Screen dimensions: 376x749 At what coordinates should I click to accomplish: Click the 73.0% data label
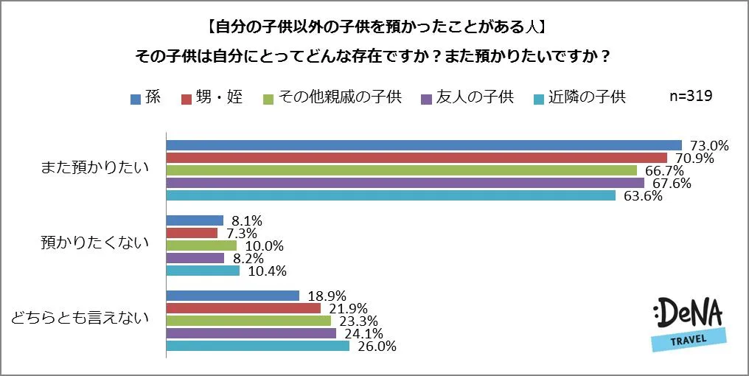pos(708,145)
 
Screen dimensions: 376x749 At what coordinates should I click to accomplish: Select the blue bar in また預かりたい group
pos(424,145)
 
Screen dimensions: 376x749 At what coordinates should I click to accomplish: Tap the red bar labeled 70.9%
pos(417,158)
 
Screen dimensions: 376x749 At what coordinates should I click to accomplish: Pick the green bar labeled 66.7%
pos(402,170)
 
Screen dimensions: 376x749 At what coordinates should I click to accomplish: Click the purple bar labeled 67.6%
pos(405,183)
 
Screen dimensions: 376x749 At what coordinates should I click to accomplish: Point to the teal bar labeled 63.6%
pos(391,195)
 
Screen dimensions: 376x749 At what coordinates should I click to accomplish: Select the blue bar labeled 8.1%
pos(195,220)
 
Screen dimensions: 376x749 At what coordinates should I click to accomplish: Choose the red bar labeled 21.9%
pos(243,308)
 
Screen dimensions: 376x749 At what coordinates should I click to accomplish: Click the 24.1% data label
pos(362,333)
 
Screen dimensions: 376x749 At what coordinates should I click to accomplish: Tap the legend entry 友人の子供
pos(467,97)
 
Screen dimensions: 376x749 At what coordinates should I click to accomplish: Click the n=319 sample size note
pos(689,96)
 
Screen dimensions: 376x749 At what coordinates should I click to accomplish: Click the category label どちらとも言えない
pos(80,318)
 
